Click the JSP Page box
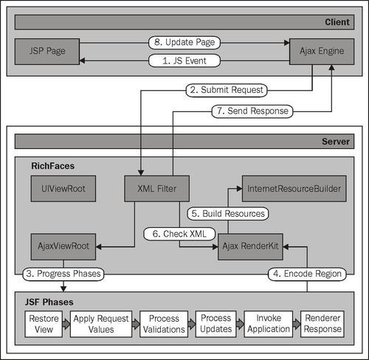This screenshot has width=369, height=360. tap(47, 52)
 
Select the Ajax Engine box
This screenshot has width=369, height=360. tap(322, 52)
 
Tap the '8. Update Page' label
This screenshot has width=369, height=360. tap(184, 43)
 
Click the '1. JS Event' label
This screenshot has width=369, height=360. tap(184, 60)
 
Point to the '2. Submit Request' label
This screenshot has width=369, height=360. tap(227, 90)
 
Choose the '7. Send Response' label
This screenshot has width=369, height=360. tap(252, 111)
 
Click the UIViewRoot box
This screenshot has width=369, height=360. tap(63, 189)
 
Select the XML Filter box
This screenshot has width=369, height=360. tap(157, 189)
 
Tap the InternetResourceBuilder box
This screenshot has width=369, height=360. tap(294, 189)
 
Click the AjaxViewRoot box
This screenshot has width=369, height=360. tap(63, 246)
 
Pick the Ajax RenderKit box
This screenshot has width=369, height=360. tap(250, 246)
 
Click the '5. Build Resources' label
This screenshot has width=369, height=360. tap(228, 214)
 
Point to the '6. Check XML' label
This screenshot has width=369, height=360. tap(179, 234)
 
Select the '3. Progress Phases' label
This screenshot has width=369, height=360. tap(63, 274)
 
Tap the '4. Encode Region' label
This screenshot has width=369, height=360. tap(307, 274)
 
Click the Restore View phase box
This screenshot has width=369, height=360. tap(44, 324)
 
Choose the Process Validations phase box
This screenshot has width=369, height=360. tap(164, 324)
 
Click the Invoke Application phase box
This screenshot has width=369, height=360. tap(269, 324)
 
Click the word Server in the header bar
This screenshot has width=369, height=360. tap(336, 142)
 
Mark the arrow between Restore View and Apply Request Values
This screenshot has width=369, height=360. tap(66, 324)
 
